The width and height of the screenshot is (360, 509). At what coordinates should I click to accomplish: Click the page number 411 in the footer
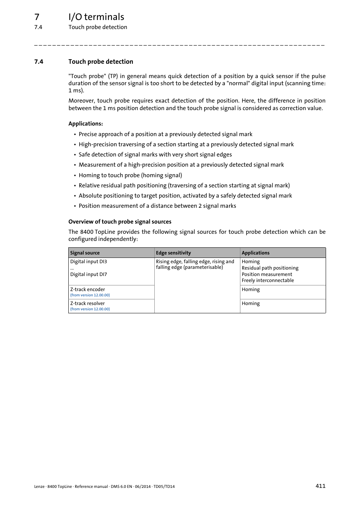[320, 486]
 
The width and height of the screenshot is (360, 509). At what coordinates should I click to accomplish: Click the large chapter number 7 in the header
[37, 17]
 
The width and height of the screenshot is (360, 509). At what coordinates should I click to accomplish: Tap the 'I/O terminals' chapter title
[96, 17]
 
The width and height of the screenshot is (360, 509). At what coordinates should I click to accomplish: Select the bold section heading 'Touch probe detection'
[101, 61]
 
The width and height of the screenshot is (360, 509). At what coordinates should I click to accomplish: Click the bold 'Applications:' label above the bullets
[86, 124]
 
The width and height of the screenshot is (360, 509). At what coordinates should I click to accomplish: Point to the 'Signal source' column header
[85, 253]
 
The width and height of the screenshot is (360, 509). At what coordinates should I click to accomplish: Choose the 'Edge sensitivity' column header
[173, 253]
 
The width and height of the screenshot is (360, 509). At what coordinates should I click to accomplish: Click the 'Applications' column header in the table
[255, 253]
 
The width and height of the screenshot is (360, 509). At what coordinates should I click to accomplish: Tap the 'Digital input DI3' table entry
[89, 262]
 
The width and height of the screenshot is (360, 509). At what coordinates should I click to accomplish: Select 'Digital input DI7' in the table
[89, 274]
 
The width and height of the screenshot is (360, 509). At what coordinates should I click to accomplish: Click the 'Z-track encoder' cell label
[88, 290]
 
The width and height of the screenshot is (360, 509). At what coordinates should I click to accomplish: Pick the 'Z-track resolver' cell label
[88, 304]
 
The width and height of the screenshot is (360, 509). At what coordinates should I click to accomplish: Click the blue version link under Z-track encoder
[90, 295]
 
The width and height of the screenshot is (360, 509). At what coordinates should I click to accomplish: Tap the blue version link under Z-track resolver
[90, 309]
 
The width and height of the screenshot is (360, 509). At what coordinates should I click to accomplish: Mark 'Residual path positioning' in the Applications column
[270, 268]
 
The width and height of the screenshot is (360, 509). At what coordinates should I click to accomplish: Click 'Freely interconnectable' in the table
[268, 281]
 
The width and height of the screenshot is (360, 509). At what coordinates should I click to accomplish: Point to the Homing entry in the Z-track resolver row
[251, 304]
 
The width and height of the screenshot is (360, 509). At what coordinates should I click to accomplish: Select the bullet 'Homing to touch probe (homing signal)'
[130, 175]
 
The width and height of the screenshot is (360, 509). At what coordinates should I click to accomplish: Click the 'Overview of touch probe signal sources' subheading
[120, 222]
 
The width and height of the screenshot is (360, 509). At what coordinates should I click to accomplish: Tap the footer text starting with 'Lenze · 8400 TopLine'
[104, 486]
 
